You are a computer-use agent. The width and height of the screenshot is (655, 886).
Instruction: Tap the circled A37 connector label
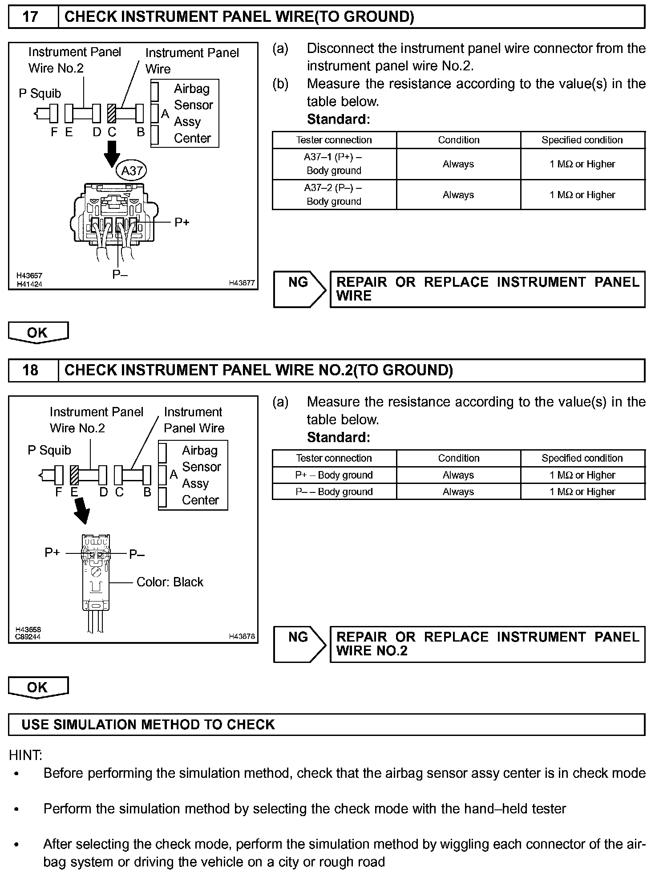132,171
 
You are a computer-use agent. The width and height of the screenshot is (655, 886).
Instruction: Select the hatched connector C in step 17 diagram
112,114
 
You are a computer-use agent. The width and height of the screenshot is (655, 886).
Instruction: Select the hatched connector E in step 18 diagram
74,475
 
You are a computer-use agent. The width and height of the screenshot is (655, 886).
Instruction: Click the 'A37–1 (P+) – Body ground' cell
334,164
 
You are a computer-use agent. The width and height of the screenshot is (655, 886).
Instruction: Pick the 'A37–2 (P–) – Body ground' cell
334,195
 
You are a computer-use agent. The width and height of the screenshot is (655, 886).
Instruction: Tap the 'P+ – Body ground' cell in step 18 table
334,475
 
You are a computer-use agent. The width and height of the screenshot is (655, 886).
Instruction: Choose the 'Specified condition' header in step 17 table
582,140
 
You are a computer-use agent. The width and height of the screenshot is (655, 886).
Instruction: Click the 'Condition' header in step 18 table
458,458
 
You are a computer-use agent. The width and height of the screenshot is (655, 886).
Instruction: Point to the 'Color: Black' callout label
170,582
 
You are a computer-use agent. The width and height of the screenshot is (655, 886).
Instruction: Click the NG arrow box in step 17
299,289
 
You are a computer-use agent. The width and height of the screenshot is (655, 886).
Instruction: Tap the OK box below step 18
38,687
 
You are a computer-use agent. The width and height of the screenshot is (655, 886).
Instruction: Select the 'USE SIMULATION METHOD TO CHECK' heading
148,724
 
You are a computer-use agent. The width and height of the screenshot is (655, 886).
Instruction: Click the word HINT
25,755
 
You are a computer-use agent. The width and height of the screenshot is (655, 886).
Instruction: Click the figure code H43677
242,283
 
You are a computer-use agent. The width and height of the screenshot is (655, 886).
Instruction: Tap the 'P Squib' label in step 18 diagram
49,450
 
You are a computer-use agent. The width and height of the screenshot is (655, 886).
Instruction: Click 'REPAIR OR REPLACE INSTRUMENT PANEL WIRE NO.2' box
487,644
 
